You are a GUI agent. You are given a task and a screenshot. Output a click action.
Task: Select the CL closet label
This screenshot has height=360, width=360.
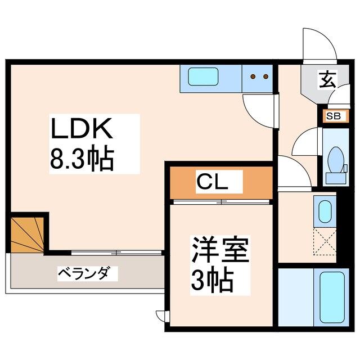[211, 181]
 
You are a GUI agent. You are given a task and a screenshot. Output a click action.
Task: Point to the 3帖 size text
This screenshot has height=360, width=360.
[213, 281]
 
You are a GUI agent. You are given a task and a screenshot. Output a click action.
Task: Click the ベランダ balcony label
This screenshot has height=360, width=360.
[87, 274]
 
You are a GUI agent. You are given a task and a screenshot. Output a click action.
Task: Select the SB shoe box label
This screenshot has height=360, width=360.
[332, 116]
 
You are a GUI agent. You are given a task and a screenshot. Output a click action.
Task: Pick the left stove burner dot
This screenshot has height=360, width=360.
[253, 76]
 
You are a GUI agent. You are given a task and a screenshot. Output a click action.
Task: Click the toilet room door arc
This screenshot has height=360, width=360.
[304, 143]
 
